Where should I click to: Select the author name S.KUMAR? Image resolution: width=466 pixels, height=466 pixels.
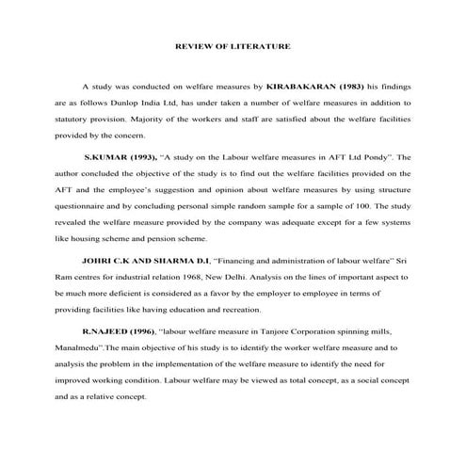(x=105, y=158)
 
